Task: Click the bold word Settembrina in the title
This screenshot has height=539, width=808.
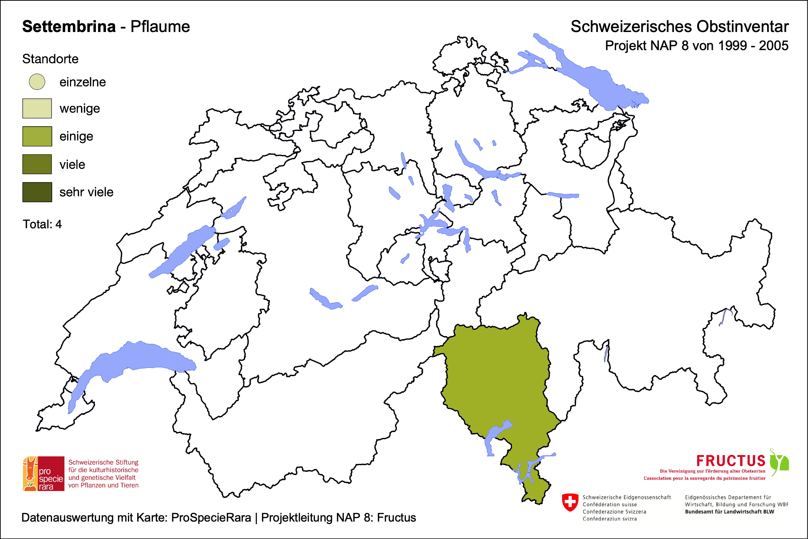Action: [x=69, y=27]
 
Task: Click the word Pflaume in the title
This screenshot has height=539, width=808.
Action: [x=160, y=27]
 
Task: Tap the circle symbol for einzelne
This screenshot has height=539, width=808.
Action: [x=37, y=82]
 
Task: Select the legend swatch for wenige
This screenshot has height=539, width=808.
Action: [x=37, y=108]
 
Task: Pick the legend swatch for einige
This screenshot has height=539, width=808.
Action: [x=37, y=136]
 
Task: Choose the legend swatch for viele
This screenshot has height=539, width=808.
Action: [x=37, y=164]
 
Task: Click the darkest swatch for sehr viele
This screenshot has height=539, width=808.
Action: [x=37, y=192]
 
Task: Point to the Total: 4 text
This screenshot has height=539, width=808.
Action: [x=42, y=224]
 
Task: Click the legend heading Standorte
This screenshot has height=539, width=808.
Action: [x=50, y=59]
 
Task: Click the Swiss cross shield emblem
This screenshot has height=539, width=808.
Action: [x=570, y=502]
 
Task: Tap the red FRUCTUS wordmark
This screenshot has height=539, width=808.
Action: [x=731, y=461]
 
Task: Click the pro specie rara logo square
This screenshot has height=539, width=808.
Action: [x=44, y=474]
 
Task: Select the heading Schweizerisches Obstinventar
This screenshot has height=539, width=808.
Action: [x=679, y=27]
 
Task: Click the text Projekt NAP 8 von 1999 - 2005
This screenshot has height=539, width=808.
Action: [x=696, y=46]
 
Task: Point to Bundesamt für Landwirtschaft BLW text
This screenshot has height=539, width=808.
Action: [x=729, y=512]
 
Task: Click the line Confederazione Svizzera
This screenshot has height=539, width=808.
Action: [x=614, y=512]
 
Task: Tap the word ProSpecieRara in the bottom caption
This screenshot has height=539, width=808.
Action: [x=211, y=518]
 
